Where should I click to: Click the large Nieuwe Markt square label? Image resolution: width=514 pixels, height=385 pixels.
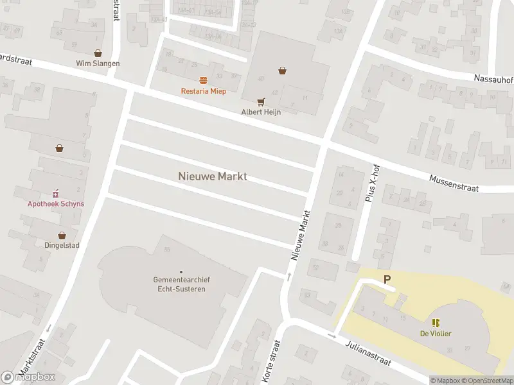[x=212, y=176]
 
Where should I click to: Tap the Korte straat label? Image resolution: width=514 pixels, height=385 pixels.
[x=269, y=363]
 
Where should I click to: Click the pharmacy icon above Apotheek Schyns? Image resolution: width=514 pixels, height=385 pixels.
[x=56, y=193]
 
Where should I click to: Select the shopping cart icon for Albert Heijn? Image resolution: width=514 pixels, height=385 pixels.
[x=261, y=101]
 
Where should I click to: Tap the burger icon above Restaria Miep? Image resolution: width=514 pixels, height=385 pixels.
[x=203, y=80]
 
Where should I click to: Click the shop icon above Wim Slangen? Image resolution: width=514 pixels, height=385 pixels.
[x=98, y=53]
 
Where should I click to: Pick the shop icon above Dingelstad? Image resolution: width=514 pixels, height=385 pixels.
[x=62, y=235]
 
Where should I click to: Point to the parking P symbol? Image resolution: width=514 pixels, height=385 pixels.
[x=387, y=279]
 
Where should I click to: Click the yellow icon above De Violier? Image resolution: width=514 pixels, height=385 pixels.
[x=436, y=323]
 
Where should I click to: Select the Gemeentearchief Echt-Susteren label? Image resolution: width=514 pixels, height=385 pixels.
[x=181, y=284]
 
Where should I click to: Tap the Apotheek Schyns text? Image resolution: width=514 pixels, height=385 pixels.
[x=56, y=204]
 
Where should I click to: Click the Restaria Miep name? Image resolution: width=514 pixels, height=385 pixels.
[x=203, y=91]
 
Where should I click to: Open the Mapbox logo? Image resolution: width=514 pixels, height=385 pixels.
[x=28, y=377]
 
